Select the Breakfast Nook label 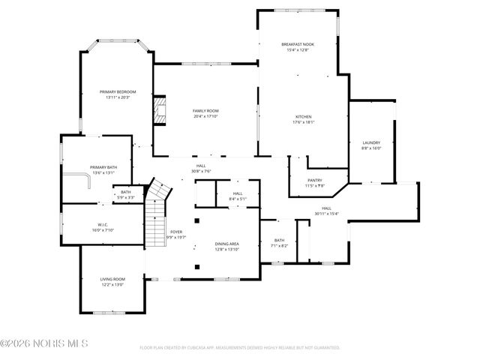pyautogui.click(x=298, y=44)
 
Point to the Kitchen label pyautogui.click(x=303, y=117)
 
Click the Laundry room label pyautogui.click(x=371, y=142)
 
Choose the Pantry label pyautogui.click(x=315, y=180)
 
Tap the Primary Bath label pyautogui.click(x=103, y=167)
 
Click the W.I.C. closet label pyautogui.click(x=103, y=224)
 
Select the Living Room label pyautogui.click(x=112, y=280)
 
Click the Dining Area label pyautogui.click(x=226, y=244)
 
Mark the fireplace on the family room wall pyautogui.click(x=158, y=110)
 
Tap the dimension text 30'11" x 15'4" pyautogui.click(x=326, y=214)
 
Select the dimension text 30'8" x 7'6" pyautogui.click(x=201, y=171)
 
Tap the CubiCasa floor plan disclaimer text pyautogui.click(x=239, y=348)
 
